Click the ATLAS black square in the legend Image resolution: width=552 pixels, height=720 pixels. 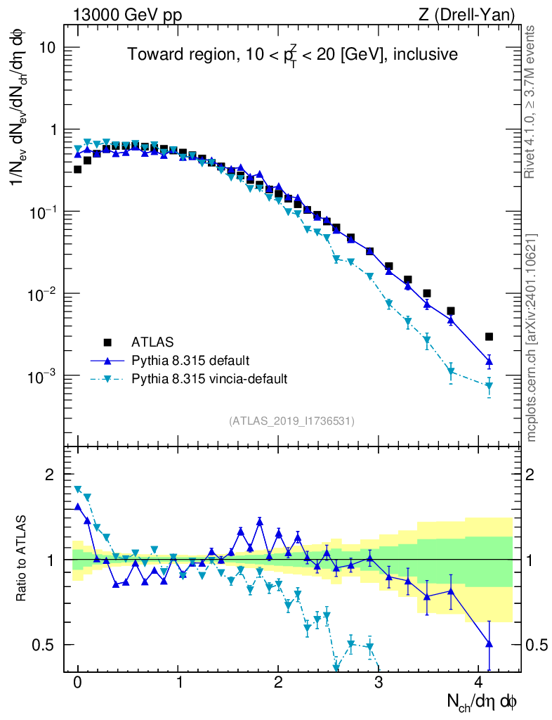[107, 342]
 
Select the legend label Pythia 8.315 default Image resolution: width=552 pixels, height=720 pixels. [190, 361]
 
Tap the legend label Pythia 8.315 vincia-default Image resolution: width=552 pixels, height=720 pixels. [209, 379]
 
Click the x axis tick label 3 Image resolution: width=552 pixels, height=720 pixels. [379, 683]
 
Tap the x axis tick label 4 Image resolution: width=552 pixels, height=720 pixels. [479, 683]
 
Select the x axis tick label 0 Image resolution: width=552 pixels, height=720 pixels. [77, 683]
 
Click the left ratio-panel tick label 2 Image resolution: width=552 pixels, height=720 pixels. [49, 475]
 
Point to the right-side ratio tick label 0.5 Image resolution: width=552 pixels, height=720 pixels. [537, 645]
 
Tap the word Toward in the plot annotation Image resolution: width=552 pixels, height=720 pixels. [152, 54]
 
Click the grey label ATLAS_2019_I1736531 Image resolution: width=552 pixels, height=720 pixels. [291, 421]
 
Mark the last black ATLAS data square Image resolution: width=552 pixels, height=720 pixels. [489, 337]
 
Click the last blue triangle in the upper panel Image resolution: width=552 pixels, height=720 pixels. [489, 361]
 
